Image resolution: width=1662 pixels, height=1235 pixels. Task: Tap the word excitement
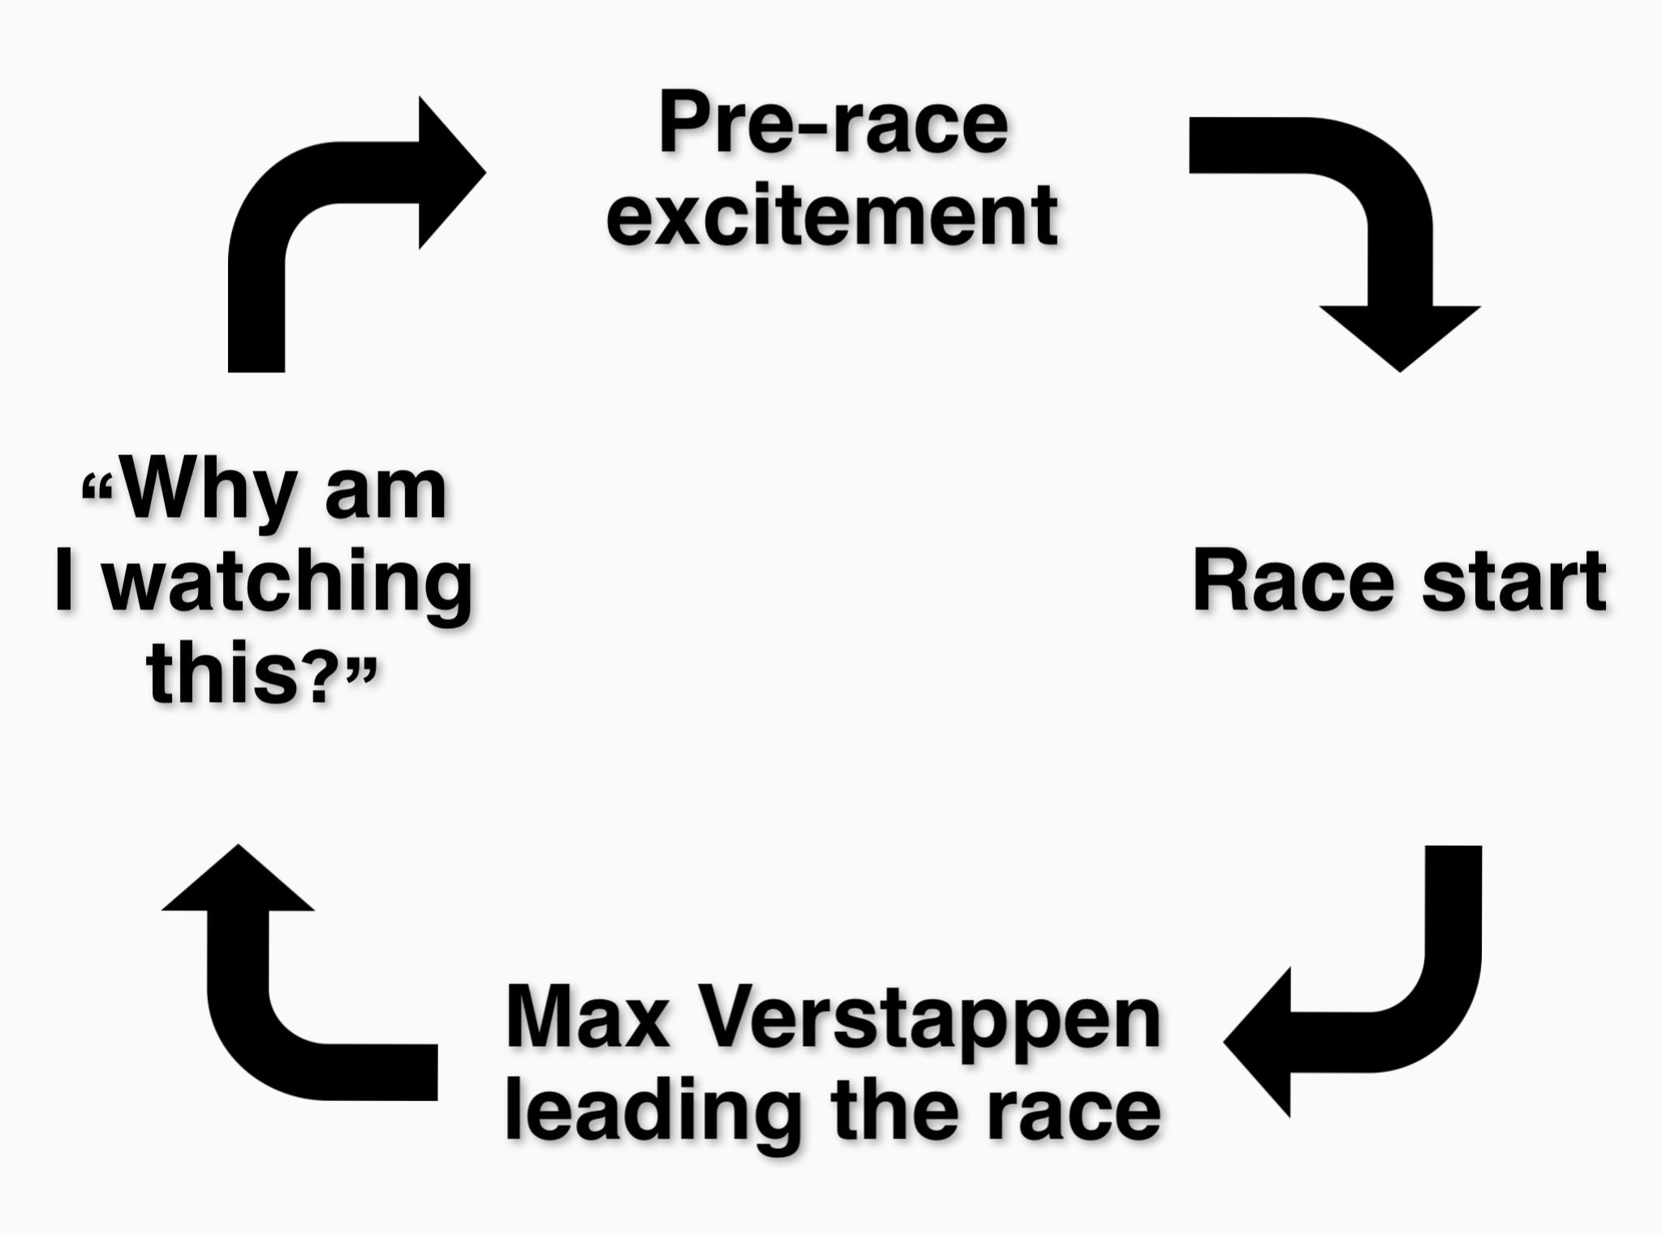[833, 214]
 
